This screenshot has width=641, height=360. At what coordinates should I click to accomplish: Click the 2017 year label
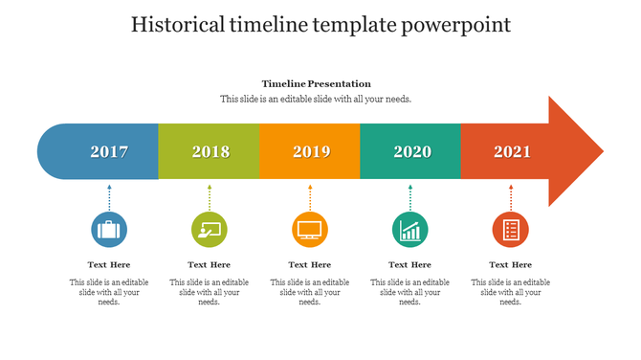[109, 151]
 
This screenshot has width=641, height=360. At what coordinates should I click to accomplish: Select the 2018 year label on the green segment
[210, 151]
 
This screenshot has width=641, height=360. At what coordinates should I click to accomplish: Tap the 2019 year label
[311, 151]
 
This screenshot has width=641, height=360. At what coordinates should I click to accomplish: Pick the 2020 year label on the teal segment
[412, 151]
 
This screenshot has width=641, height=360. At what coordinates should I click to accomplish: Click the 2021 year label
[512, 151]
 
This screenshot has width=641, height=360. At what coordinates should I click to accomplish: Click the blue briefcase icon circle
[109, 230]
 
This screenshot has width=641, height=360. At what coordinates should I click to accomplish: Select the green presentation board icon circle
[210, 230]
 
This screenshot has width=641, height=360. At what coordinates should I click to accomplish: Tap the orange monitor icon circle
[310, 230]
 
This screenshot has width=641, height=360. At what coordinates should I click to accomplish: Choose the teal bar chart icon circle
[410, 230]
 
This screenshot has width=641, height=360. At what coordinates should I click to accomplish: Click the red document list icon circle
[511, 230]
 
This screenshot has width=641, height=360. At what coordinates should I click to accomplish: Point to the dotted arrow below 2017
[109, 197]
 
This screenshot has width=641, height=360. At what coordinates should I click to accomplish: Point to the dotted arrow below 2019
[310, 197]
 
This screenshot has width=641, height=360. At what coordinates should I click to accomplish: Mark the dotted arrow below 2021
[511, 197]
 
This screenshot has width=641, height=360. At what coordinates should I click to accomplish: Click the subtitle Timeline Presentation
[316, 83]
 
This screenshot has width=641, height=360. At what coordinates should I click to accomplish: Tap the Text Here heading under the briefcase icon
[109, 264]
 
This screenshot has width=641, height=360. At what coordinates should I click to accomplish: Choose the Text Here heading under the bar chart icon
[410, 264]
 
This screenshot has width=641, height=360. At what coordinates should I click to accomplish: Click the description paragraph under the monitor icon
[310, 292]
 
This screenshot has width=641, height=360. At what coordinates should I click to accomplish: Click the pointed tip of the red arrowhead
[602, 151]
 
